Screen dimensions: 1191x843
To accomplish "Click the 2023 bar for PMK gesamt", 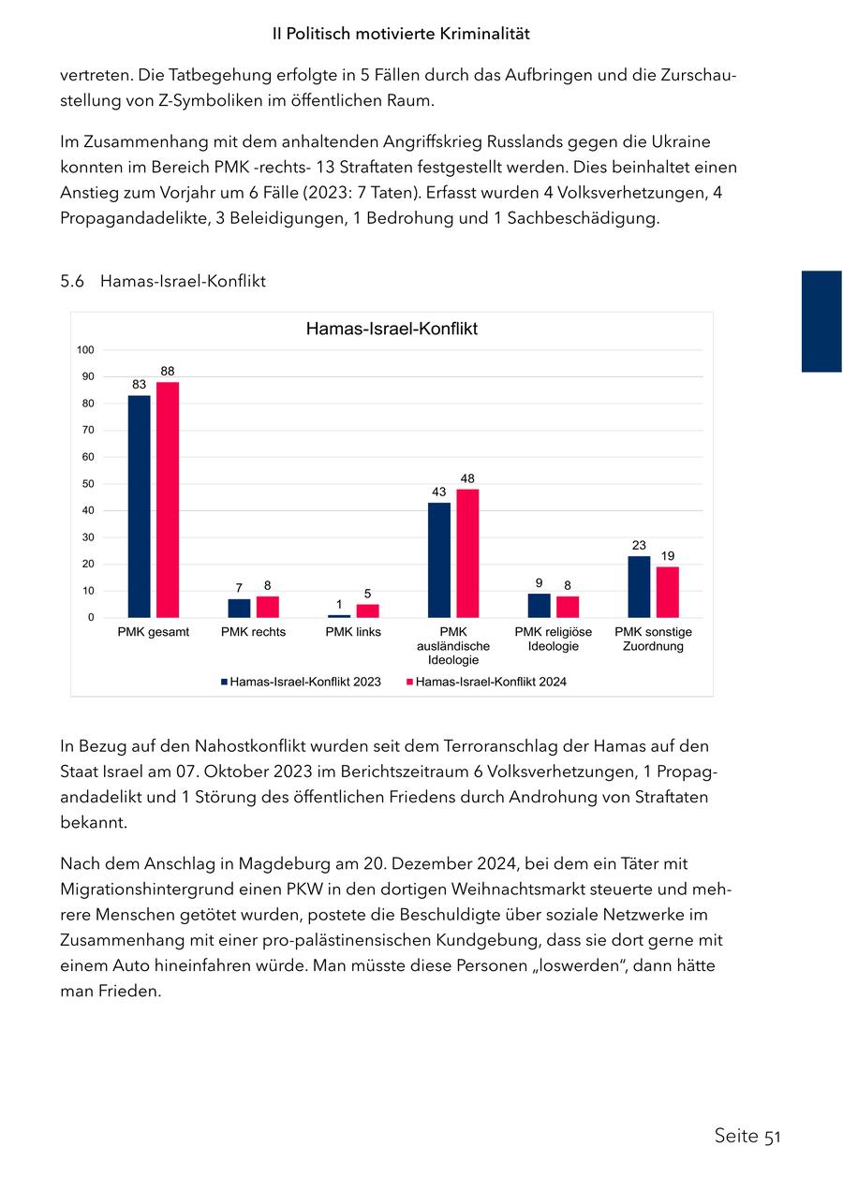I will click(139, 507).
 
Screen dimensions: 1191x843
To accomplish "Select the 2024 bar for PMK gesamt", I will click(168, 500).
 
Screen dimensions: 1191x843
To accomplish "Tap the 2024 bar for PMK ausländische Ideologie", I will click(467, 553).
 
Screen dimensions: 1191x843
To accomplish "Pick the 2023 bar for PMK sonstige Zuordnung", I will click(639, 587).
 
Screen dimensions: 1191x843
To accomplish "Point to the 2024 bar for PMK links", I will click(368, 610).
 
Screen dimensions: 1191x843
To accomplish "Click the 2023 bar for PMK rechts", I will click(239, 609).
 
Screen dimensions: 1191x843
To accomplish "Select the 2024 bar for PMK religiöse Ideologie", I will click(568, 607).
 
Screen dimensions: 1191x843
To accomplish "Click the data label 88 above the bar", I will click(168, 371).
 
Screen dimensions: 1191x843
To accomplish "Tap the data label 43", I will click(438, 492).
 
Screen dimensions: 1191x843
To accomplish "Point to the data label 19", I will click(668, 556).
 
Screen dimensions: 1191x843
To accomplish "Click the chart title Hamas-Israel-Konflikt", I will click(392, 330).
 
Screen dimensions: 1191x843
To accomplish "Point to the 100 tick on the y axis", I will click(86, 350).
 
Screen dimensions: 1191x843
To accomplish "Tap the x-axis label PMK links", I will click(353, 632).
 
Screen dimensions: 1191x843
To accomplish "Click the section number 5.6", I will click(73, 281).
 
